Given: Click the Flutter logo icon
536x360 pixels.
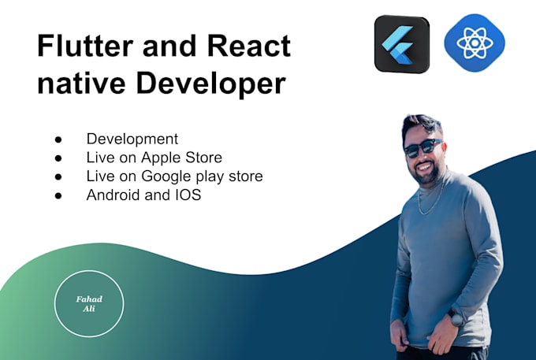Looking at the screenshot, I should [401, 44].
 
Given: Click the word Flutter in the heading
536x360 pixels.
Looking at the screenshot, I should [85, 46].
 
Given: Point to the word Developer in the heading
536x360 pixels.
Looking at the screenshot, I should [208, 84].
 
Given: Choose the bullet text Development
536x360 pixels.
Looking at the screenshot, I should [132, 139].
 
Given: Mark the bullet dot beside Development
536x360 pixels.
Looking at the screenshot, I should [59, 140].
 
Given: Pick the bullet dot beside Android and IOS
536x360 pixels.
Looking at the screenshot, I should [59, 195].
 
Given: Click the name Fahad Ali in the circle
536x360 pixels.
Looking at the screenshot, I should [89, 304].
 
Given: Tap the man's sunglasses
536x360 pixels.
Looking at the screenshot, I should [423, 147].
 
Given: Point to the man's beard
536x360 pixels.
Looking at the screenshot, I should [426, 173].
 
